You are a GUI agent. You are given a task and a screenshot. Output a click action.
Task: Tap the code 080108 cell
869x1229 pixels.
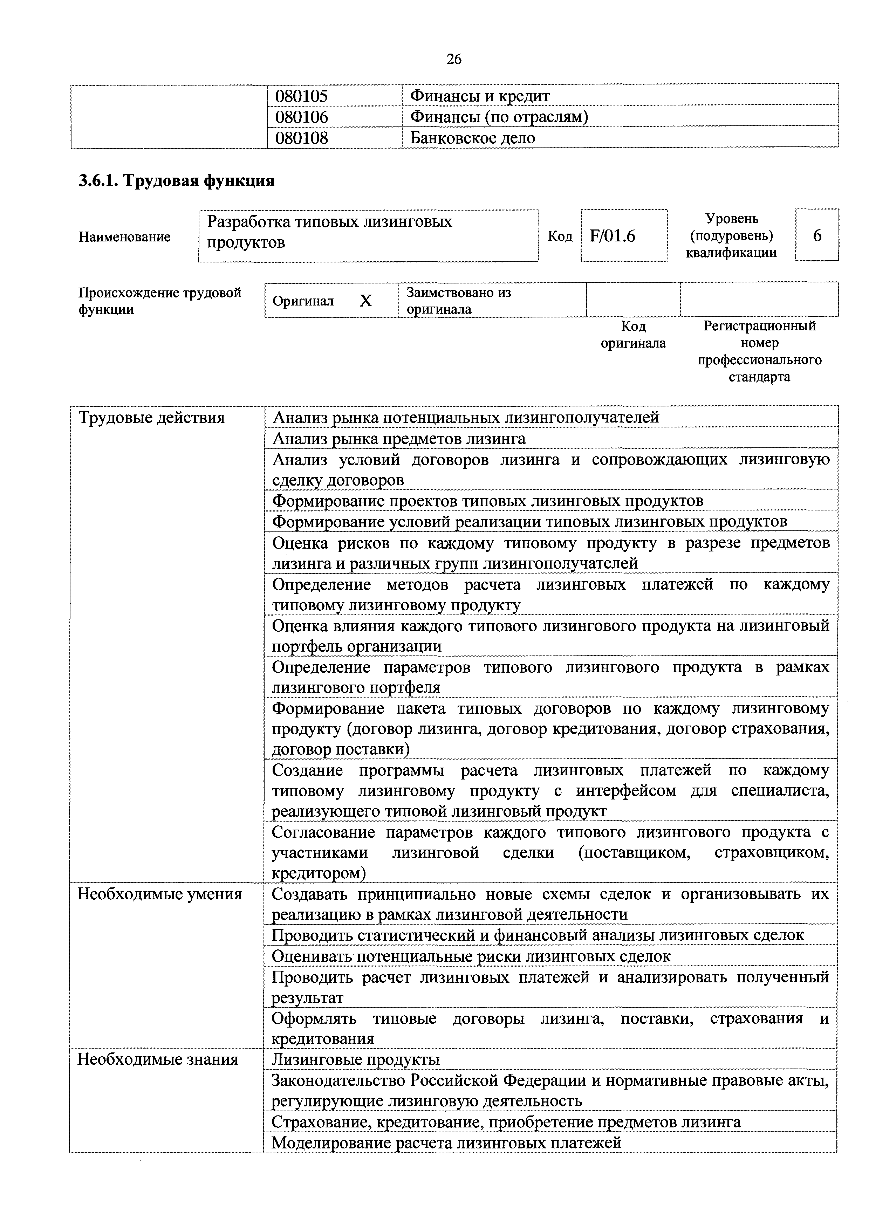click(301, 138)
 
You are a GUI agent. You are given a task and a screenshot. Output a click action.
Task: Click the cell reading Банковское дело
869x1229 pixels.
click(473, 138)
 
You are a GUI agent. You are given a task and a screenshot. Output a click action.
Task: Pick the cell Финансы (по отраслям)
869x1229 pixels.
click(499, 117)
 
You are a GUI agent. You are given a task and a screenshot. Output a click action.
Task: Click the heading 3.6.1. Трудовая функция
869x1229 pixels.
click(177, 181)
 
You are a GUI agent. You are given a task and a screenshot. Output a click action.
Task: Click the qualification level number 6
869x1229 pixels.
click(817, 235)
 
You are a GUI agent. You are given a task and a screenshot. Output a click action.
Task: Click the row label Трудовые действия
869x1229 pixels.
click(151, 418)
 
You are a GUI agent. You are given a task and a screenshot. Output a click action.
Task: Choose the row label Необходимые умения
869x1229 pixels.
click(159, 894)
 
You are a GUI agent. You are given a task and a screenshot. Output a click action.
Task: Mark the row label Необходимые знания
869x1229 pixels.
click(158, 1059)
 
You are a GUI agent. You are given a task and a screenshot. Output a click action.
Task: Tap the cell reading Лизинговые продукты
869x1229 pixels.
click(356, 1059)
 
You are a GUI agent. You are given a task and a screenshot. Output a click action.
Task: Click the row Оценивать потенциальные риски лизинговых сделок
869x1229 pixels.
click(471, 956)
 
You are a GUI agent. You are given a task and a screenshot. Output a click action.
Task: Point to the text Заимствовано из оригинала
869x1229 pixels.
click(459, 301)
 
